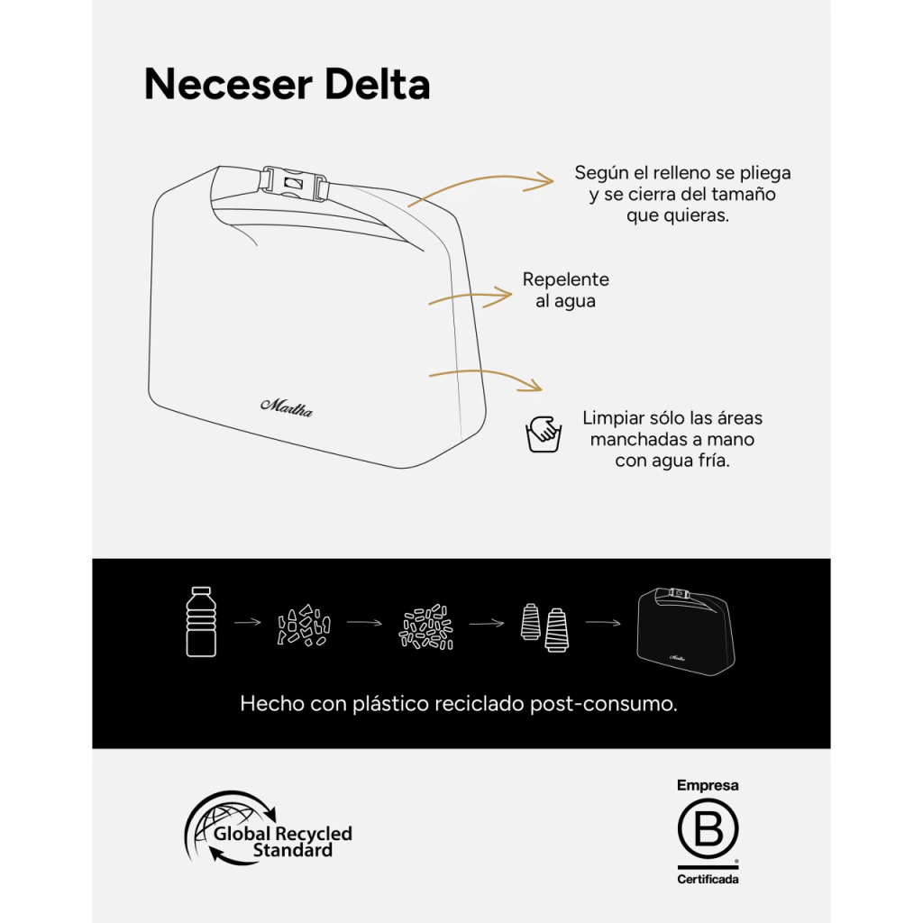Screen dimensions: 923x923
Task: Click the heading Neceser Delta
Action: tap(287, 85)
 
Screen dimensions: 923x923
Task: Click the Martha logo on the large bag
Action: tap(287, 406)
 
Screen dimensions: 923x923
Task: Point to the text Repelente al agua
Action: tap(565, 290)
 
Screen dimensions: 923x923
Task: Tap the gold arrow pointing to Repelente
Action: tap(470, 297)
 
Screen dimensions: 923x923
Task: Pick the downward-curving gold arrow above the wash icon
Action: tap(485, 379)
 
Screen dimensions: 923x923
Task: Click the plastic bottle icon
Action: tap(201, 621)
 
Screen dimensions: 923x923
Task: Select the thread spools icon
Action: tap(544, 623)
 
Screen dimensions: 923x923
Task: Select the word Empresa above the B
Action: tap(708, 786)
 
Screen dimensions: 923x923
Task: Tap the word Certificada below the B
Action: tap(708, 879)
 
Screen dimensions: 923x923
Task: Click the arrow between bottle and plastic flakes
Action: tap(247, 622)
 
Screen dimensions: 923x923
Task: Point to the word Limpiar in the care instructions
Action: tap(613, 418)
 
